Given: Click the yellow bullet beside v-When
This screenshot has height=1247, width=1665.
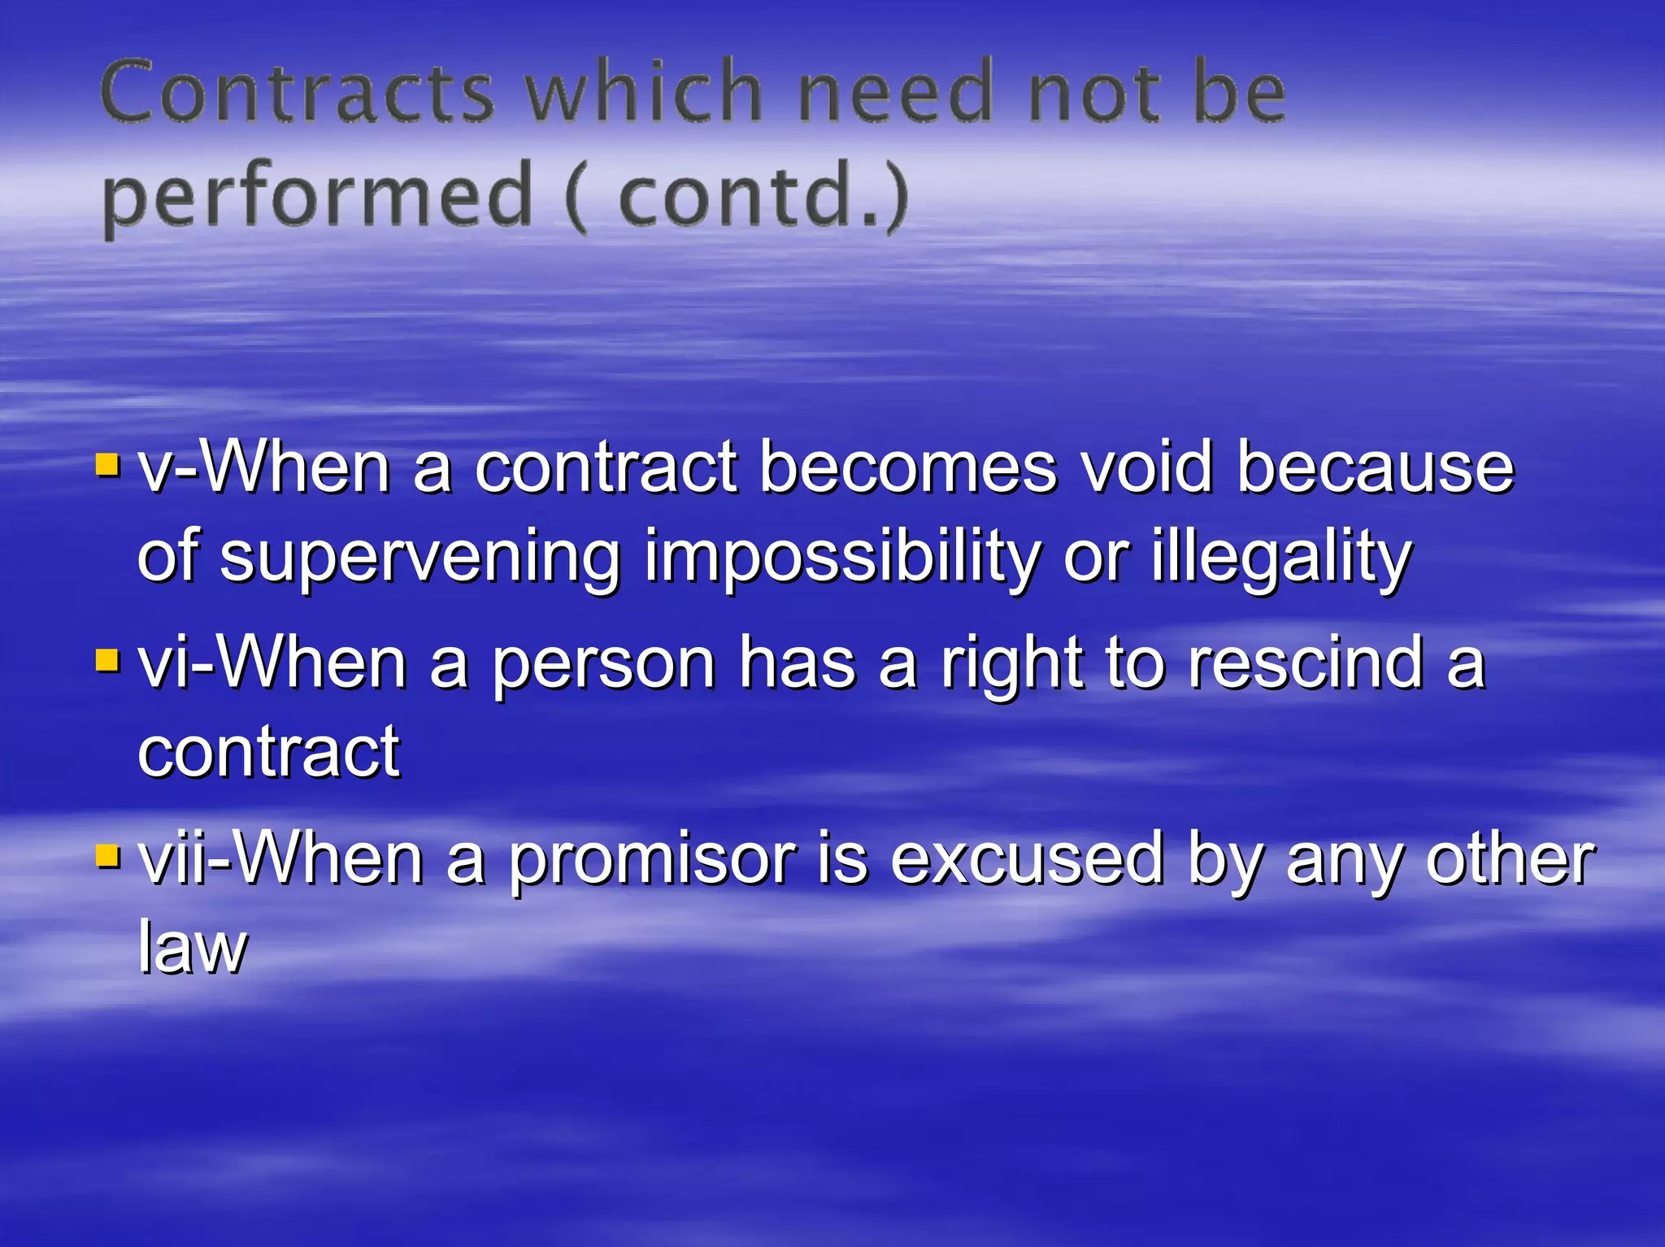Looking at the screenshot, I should [107, 466].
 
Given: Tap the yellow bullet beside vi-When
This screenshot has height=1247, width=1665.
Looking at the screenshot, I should [107, 660].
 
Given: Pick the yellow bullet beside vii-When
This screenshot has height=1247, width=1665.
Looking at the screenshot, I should [107, 856].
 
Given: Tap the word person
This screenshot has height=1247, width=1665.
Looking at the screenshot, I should [604, 665].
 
